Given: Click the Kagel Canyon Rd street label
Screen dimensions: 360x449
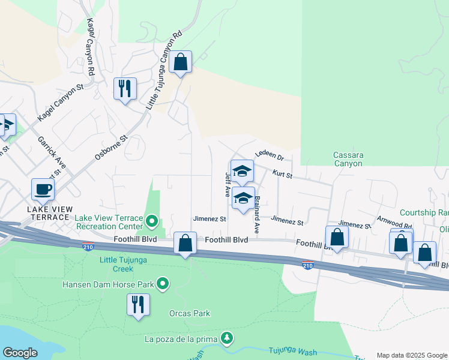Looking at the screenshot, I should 91,46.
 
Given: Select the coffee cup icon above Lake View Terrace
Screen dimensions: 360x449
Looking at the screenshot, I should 43,189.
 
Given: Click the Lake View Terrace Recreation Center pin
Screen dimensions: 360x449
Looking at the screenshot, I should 152,222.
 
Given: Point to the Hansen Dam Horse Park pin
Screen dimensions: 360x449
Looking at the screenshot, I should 163,283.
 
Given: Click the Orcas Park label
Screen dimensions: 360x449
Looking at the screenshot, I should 190,313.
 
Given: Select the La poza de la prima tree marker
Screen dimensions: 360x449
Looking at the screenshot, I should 226,338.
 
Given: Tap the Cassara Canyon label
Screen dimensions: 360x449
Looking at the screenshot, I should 348,159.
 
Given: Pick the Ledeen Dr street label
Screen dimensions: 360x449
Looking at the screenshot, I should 269,155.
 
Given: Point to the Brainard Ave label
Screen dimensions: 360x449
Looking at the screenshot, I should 257,214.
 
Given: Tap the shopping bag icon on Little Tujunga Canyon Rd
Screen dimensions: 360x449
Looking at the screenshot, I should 180,61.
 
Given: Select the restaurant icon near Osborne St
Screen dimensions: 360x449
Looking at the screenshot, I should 125,88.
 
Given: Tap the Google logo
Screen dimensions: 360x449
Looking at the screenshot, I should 20,353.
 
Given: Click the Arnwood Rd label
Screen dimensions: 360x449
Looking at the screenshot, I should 393,223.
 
